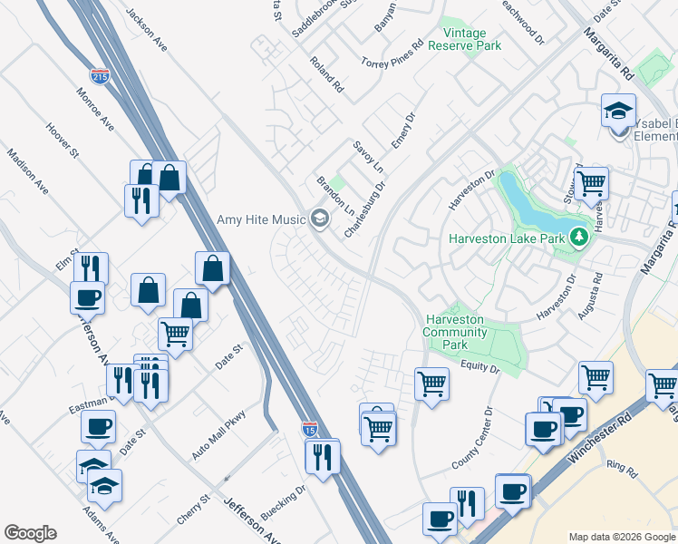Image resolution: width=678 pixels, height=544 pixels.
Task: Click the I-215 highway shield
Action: point(100,76)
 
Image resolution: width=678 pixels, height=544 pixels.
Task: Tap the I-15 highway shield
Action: point(310,429)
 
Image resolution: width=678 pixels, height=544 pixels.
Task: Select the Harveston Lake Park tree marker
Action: point(579,238)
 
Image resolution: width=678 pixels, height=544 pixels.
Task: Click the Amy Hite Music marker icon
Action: point(318,219)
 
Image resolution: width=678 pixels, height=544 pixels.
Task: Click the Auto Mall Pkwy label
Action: point(219,436)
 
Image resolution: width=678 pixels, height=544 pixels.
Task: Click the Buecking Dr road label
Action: point(284,501)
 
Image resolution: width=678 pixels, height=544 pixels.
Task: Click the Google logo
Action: point(30,533)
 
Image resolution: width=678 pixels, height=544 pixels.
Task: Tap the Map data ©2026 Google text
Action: point(623,537)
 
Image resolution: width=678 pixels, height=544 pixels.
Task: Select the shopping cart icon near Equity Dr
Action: point(431,383)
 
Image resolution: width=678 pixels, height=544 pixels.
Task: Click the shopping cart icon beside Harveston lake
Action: point(591,182)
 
